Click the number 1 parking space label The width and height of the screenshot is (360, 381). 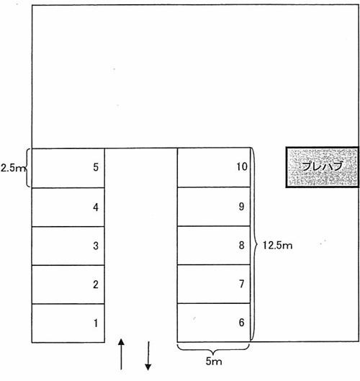(x=96, y=323)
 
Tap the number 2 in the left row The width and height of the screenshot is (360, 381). (x=96, y=284)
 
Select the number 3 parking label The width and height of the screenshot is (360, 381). (x=96, y=246)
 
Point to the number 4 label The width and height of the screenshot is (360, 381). (x=96, y=207)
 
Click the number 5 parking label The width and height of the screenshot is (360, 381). (x=96, y=167)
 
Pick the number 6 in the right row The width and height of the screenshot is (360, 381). (x=241, y=323)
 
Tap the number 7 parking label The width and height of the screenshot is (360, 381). (x=241, y=284)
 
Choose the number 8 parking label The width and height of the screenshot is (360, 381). (x=241, y=245)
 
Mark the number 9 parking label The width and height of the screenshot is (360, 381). (x=241, y=206)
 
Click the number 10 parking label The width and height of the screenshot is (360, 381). (x=242, y=166)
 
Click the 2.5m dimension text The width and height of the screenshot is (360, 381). (x=13, y=168)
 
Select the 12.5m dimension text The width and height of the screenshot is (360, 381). (x=277, y=246)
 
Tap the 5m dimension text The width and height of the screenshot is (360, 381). (x=214, y=362)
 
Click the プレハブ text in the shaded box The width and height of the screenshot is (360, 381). (x=322, y=166)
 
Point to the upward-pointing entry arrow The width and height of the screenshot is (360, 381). (x=121, y=354)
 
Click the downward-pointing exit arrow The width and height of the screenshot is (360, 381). (x=148, y=356)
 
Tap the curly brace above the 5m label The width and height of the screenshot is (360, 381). (x=213, y=350)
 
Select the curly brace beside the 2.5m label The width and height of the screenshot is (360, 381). (x=28, y=168)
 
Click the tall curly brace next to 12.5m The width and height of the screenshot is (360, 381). (x=254, y=244)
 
